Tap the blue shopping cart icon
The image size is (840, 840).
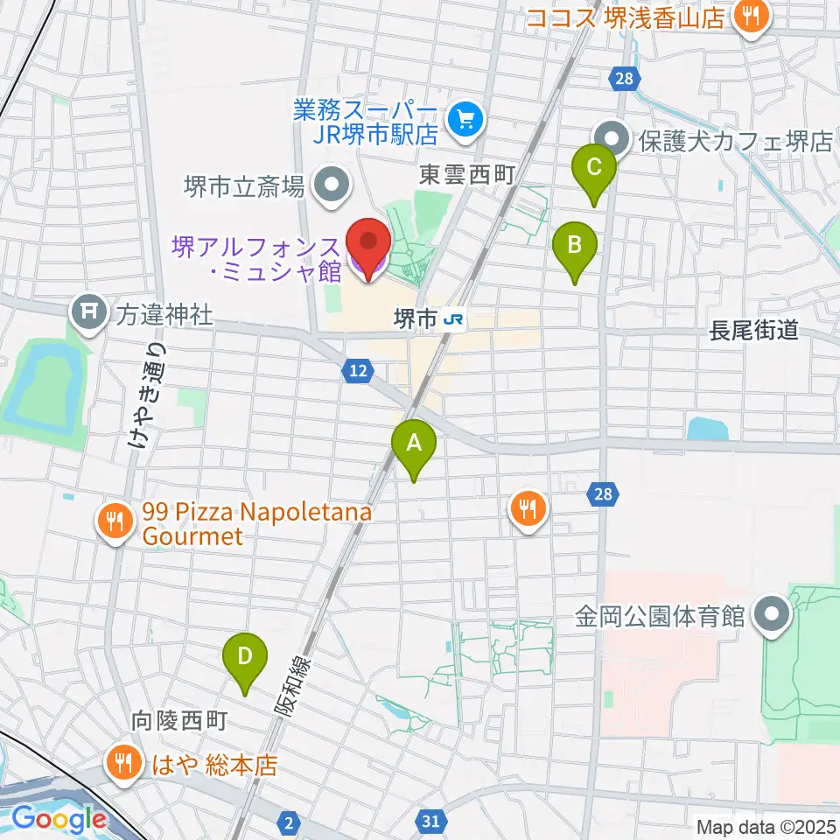[x=465, y=120]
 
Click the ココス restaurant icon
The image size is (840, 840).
[x=750, y=15]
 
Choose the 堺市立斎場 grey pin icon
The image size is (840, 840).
[x=332, y=186]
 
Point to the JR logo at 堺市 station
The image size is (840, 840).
[x=454, y=321]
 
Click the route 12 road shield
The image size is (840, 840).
[x=355, y=372]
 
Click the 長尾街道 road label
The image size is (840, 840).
[x=754, y=330]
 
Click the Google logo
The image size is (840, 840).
[x=58, y=819]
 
